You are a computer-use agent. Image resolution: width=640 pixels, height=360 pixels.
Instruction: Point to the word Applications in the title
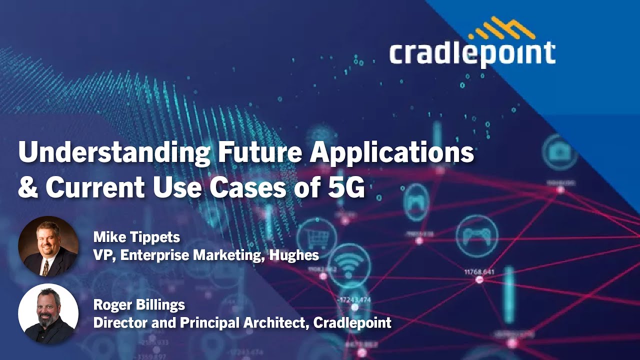pos(391,153)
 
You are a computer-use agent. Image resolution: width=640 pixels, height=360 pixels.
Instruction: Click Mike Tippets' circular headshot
pos(48,246)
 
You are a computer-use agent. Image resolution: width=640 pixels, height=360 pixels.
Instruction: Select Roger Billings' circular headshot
pos(48,313)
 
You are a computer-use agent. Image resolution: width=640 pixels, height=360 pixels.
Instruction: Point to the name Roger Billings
pos(139,304)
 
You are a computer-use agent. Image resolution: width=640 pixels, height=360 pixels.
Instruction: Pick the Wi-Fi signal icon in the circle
pos(348,264)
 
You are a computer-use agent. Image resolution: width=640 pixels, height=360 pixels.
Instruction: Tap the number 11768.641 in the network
pos(479,272)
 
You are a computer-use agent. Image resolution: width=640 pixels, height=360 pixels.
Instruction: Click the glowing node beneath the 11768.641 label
pos(479,280)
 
